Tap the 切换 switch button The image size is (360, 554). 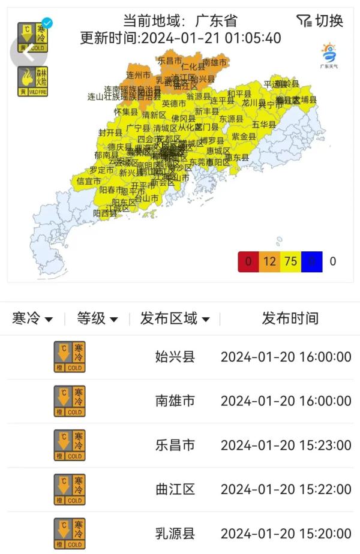320,21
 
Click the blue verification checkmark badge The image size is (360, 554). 47,23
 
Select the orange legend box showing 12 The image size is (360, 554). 269,261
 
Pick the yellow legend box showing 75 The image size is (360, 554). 290,261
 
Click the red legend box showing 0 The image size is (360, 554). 248,261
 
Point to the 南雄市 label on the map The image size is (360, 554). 214,62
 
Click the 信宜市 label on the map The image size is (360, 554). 89,180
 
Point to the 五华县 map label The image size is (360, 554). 263,125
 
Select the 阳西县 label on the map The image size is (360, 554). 105,213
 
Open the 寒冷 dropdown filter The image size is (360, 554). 32,318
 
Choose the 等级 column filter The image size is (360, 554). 97,318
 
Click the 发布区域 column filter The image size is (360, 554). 175,318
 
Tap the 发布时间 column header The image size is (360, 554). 290,318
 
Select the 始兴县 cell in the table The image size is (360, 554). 175,357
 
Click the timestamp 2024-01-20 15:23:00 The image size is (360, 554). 286,445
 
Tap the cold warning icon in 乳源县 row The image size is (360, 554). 70,534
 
